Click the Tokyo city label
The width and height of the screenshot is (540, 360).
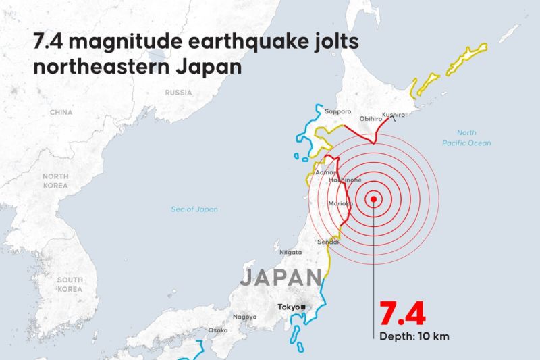coord(288,307)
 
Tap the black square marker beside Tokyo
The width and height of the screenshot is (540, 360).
coord(303,307)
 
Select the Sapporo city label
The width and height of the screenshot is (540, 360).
coord(337,111)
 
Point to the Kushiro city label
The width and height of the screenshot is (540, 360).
coord(394,115)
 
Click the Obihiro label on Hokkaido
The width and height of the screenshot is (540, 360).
coord(370,118)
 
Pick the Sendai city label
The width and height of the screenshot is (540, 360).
coord(328,242)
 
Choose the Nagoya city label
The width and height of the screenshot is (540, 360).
coord(244,317)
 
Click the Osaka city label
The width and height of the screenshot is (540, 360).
coord(217,330)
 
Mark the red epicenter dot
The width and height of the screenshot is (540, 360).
coord(373,199)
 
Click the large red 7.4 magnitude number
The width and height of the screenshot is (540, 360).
coord(402,315)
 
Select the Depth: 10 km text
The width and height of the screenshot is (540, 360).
coord(413,336)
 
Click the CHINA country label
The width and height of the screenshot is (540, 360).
coord(61,112)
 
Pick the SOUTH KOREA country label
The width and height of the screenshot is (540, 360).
coord(70,284)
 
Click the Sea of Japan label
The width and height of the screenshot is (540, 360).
coord(194,209)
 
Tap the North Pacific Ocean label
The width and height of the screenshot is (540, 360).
coord(466,138)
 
